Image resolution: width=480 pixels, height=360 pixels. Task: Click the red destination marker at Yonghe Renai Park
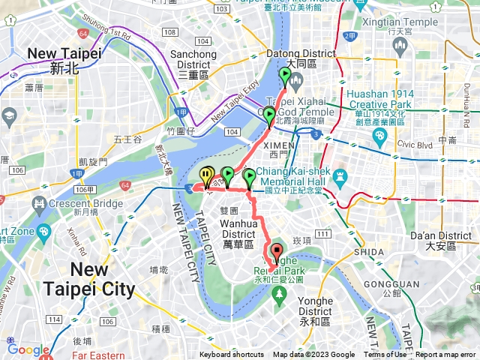tap(276, 253)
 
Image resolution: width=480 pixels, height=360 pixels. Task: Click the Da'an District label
tap(447, 240)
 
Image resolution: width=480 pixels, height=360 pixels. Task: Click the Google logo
tap(28, 349)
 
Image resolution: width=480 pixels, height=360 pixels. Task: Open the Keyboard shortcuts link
tap(232, 355)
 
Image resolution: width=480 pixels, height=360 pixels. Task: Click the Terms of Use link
tap(385, 355)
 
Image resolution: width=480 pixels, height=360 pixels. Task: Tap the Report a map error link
tap(445, 355)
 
